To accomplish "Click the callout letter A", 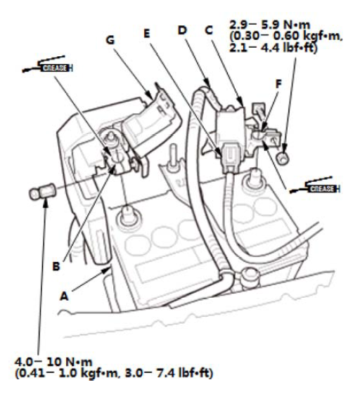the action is [x=64, y=296].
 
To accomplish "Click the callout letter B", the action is [x=56, y=266].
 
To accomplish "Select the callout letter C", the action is [x=209, y=30].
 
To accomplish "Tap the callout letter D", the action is [x=182, y=30].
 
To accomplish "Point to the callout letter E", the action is [x=147, y=34].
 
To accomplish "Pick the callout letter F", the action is [x=278, y=84].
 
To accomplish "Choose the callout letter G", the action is [x=110, y=40].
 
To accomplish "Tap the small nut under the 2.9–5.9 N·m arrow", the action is [x=282, y=157].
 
